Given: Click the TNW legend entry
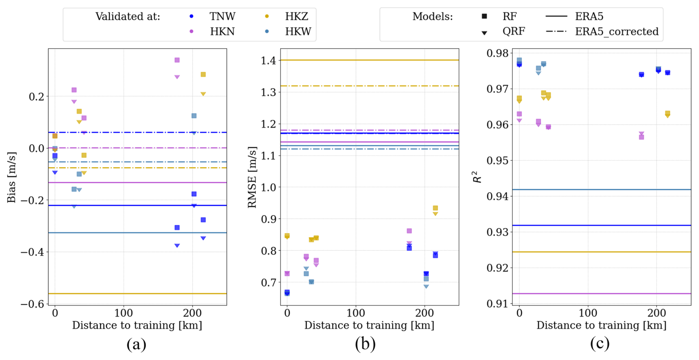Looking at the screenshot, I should [x=222, y=17].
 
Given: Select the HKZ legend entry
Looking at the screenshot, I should [x=296, y=17].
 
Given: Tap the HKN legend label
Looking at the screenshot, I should [x=222, y=32].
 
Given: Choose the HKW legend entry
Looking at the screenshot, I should [x=298, y=32].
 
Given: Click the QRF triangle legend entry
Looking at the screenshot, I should [x=513, y=31].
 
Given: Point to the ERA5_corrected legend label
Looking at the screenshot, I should [x=617, y=32].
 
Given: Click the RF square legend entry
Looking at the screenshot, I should [x=509, y=17].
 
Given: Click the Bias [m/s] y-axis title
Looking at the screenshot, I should [x=11, y=177].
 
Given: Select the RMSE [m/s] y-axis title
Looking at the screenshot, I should [x=252, y=177].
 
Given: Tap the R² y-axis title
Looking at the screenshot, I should [x=477, y=177].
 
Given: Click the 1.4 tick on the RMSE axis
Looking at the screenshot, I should [x=269, y=60].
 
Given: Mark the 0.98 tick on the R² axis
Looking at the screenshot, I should [x=497, y=53].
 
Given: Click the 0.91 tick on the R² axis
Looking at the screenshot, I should [x=497, y=304].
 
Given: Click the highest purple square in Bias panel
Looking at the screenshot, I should [x=177, y=60].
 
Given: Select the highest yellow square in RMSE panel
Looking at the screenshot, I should [x=435, y=208].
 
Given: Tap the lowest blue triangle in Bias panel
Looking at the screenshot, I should [x=177, y=246].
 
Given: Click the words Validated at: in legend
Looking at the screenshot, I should [x=128, y=17].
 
